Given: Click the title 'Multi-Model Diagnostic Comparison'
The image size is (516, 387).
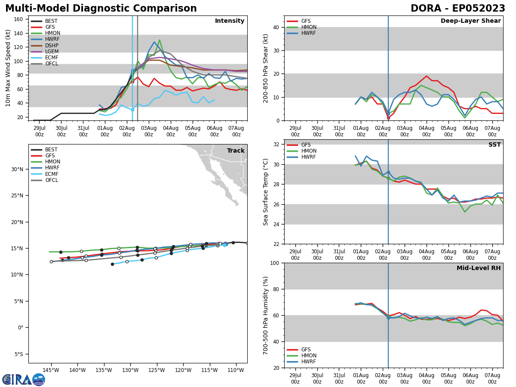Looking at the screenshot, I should click(101, 9).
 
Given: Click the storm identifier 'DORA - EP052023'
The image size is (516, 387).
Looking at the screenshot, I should click(458, 9).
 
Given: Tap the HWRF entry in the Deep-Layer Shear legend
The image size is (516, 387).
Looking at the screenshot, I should click(307, 33).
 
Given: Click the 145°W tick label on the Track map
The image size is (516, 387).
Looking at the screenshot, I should click(51, 370).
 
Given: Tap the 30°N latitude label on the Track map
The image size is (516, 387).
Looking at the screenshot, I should click(17, 169).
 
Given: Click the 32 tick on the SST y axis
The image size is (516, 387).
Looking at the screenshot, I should click(277, 144).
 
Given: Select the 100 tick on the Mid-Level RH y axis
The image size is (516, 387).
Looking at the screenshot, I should click(275, 263).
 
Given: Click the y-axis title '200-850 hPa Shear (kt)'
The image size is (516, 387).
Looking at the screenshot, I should click(266, 68).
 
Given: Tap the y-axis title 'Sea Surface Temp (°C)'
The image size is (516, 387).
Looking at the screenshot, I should click(266, 192).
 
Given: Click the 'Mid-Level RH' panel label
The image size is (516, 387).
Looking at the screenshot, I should click(479, 268).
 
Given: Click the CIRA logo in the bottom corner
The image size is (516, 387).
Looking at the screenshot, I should click(24, 379).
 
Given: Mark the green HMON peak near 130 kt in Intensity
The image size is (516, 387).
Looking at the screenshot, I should click(160, 40).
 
